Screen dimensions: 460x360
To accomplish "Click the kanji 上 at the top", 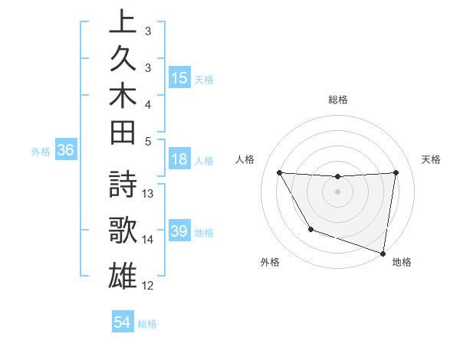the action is [123, 23].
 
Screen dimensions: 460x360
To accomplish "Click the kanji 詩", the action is [123, 186].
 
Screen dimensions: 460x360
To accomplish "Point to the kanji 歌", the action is [123, 231].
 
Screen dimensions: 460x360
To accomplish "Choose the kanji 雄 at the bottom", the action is [123, 274].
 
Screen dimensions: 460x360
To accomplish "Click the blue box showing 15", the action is [179, 78].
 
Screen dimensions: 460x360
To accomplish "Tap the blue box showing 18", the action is [179, 161].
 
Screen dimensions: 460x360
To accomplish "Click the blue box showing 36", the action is [66, 151].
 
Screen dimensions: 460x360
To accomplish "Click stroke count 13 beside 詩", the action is [149, 194].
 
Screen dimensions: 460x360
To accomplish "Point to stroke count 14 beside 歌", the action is [149, 240].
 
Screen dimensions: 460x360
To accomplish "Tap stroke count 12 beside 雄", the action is [149, 286].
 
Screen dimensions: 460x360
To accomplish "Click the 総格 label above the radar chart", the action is [337, 100].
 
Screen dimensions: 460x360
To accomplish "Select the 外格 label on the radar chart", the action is [270, 262].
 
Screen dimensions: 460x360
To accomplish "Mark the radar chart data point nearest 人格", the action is [279, 173].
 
